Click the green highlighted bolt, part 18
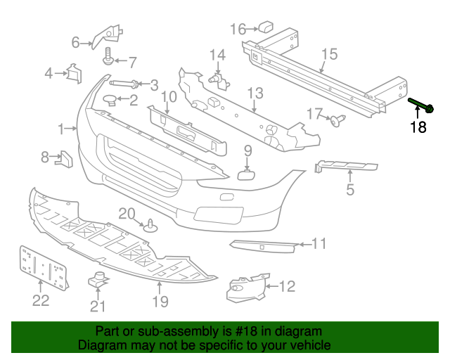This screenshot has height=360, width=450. [x=421, y=105]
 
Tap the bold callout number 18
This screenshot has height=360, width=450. [x=418, y=127]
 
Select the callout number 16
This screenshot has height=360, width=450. [x=238, y=30]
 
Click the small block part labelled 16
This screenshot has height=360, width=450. [x=266, y=27]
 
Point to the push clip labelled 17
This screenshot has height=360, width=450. [x=337, y=120]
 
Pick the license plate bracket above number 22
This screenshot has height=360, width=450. [x=44, y=268]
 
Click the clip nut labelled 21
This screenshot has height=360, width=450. [x=98, y=279]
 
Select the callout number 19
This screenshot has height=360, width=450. [x=160, y=302]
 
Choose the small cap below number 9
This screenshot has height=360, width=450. [x=246, y=174]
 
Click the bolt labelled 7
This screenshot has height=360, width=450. [x=108, y=56]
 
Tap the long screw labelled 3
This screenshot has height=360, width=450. [x=124, y=84]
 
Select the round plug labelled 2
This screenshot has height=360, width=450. [x=110, y=100]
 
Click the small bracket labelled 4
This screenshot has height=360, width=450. [x=75, y=74]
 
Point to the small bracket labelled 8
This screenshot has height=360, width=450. [x=64, y=159]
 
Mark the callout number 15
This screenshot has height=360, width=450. [x=330, y=54]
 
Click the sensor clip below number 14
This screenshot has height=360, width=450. [x=219, y=80]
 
